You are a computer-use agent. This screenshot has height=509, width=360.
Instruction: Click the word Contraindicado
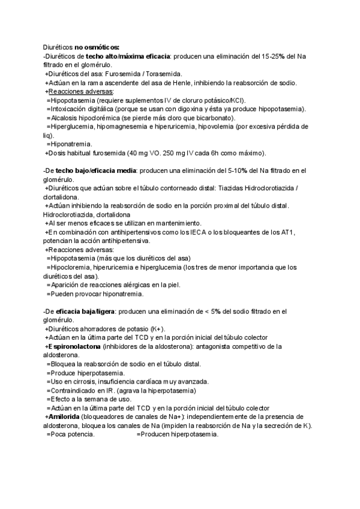coord(76,390)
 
